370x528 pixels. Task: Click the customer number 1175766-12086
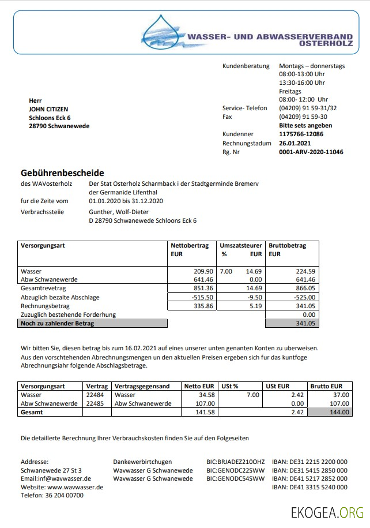301,134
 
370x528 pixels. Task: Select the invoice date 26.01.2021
295,143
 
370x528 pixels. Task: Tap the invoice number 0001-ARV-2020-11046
311,152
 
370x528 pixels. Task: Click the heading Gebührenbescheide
62,173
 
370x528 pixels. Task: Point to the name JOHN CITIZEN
48,109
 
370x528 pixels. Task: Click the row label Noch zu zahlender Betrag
57,324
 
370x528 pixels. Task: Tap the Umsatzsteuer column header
240,245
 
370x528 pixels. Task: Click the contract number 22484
95,395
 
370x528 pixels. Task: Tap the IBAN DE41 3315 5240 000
309,487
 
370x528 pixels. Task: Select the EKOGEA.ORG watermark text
327,512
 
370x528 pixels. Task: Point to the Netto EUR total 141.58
203,412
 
